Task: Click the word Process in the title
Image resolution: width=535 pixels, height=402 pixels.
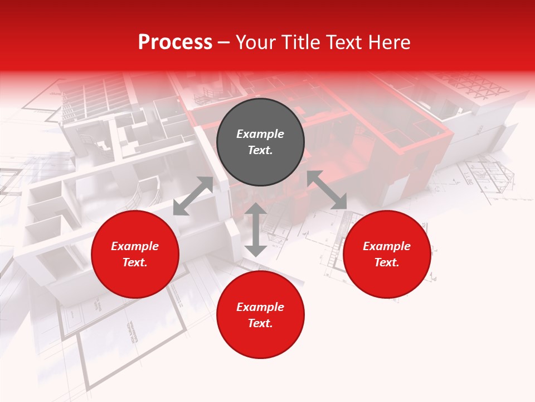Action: point(175,42)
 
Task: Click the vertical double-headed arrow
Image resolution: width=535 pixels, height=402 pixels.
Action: point(256,229)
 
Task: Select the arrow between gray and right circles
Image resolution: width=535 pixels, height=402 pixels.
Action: point(327,190)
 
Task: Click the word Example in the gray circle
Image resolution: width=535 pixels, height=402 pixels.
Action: point(260,134)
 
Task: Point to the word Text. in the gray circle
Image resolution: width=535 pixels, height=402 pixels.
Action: point(260,150)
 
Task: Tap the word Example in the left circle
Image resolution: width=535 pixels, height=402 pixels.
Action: point(135,246)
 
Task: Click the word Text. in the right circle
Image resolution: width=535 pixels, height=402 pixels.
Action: point(387,262)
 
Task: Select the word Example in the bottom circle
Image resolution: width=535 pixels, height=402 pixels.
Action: point(260,307)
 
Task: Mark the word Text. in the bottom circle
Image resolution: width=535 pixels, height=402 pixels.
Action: point(260,323)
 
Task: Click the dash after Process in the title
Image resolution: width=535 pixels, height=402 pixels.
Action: point(223,43)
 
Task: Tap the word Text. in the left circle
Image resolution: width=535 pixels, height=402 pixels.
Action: point(135,262)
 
